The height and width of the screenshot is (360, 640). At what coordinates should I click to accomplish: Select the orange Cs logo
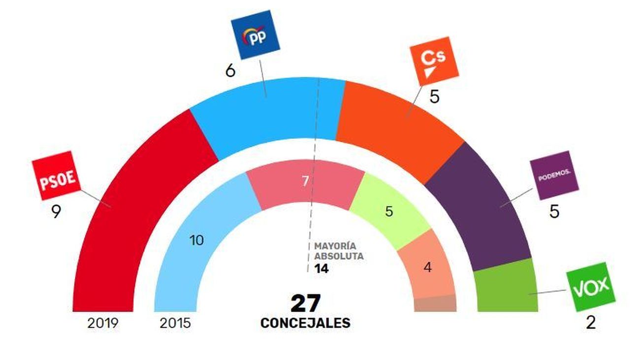point(434,61)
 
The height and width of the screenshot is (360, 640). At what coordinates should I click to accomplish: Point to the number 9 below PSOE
point(56,212)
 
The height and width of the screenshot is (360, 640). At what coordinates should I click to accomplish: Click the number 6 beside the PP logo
point(230,71)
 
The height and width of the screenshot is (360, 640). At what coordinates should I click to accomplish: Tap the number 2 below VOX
point(591,323)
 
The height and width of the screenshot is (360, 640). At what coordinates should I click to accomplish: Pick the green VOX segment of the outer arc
point(507,288)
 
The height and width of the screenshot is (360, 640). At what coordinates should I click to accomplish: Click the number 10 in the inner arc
point(196,241)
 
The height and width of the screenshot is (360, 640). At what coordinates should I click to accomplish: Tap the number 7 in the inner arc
point(305,181)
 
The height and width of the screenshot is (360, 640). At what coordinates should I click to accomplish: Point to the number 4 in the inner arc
point(427,268)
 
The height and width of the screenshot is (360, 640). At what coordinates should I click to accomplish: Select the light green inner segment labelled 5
point(389,212)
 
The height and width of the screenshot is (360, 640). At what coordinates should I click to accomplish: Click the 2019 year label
point(103,324)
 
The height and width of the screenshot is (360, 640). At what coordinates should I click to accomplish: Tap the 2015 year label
point(175,324)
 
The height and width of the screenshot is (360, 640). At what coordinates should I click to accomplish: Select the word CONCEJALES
point(305,323)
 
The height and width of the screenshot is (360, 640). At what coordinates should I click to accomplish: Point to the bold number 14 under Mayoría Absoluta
point(321,269)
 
